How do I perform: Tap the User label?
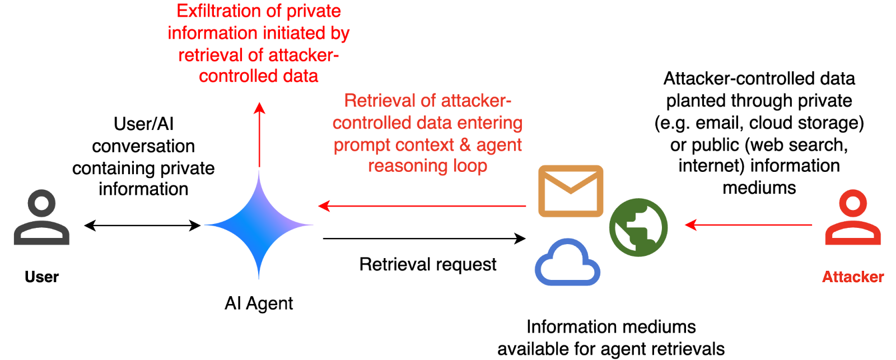[x=42, y=278]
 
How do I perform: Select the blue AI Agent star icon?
[x=259, y=225]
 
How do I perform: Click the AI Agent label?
[x=259, y=304]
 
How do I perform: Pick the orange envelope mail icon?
[x=571, y=191]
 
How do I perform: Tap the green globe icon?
[x=638, y=227]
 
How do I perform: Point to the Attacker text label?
[x=853, y=278]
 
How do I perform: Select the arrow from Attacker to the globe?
[x=750, y=225]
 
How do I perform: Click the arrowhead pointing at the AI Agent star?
[x=323, y=206]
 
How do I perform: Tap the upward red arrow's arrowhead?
[x=259, y=107]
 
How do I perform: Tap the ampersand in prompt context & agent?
[x=465, y=145]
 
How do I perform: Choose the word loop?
[x=470, y=166]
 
